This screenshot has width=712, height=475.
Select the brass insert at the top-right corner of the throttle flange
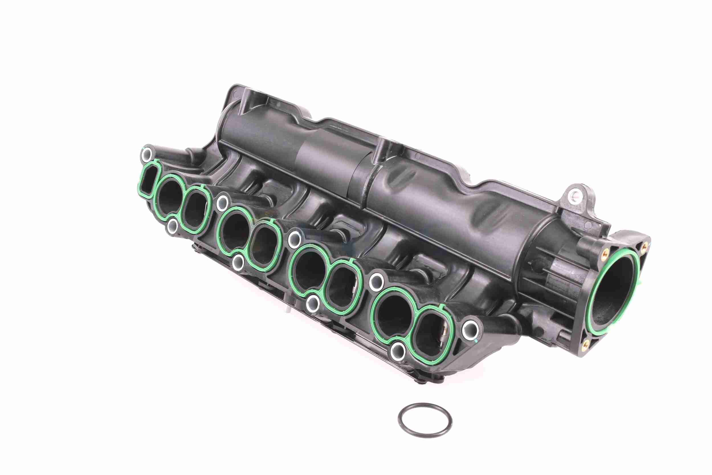pos(644,248)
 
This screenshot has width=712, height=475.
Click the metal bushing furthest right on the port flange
pos(470,326)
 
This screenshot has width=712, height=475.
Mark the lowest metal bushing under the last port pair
pos(397,351)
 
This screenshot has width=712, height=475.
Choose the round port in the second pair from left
pos(234,232)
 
